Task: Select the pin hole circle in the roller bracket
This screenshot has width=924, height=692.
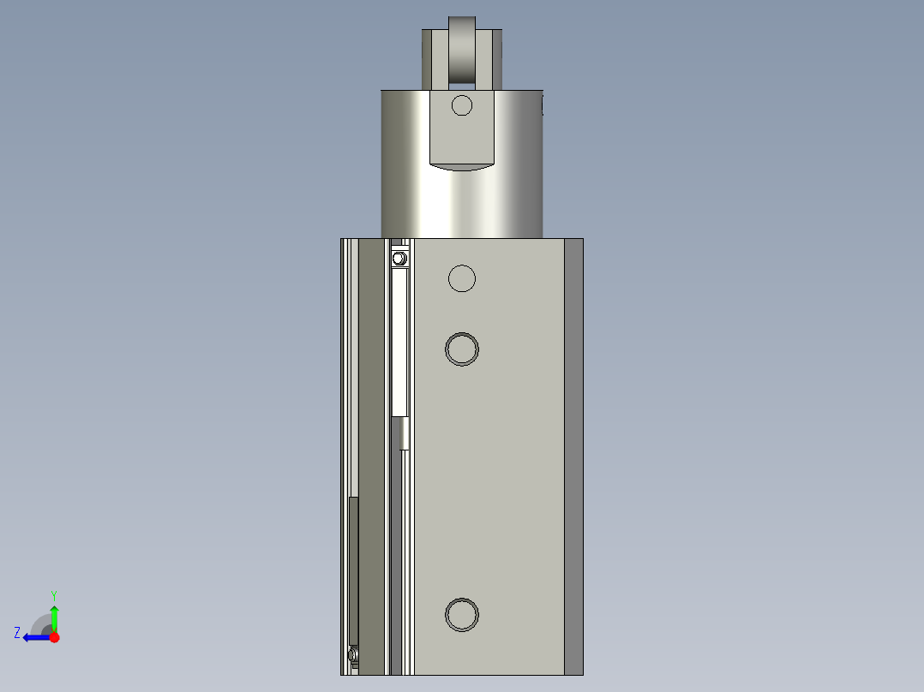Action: [462, 105]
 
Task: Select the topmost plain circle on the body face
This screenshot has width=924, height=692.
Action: [462, 278]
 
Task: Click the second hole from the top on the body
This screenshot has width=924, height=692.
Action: [462, 349]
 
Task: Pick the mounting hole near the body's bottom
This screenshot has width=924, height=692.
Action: [462, 614]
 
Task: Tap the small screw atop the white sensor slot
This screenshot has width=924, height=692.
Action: [399, 258]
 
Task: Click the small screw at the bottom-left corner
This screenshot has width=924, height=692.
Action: [354, 656]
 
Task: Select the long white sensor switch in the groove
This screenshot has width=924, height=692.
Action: [399, 343]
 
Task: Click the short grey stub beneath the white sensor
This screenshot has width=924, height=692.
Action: [404, 433]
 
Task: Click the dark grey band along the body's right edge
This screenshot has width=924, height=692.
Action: [573, 454]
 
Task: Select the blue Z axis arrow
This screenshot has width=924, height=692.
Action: [36, 637]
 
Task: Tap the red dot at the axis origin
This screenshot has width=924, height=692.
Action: [54, 637]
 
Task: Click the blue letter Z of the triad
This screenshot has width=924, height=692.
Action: [17, 633]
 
